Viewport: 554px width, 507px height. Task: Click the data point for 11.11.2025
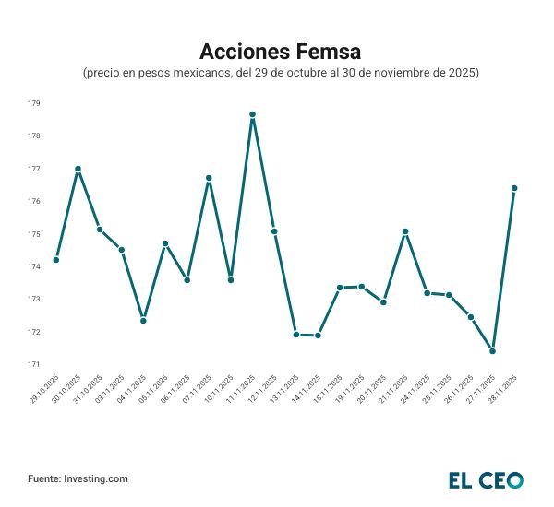(252, 114)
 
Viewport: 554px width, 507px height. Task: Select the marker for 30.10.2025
(78, 169)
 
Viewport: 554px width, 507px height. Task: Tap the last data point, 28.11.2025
(514, 188)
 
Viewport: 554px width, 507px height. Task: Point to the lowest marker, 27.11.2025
(492, 351)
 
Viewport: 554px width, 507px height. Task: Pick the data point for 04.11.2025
(143, 321)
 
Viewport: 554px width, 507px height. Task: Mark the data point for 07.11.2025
(209, 178)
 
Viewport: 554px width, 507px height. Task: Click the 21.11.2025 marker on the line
(405, 231)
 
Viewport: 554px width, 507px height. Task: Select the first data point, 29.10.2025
(56, 260)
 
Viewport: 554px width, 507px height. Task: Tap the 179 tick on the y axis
(33, 103)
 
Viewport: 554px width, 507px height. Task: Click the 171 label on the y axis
(33, 364)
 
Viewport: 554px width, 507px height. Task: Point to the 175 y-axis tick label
(33, 234)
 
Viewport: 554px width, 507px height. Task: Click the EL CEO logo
(486, 479)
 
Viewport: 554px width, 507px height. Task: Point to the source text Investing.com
(95, 479)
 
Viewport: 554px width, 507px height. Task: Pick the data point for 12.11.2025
(274, 231)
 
